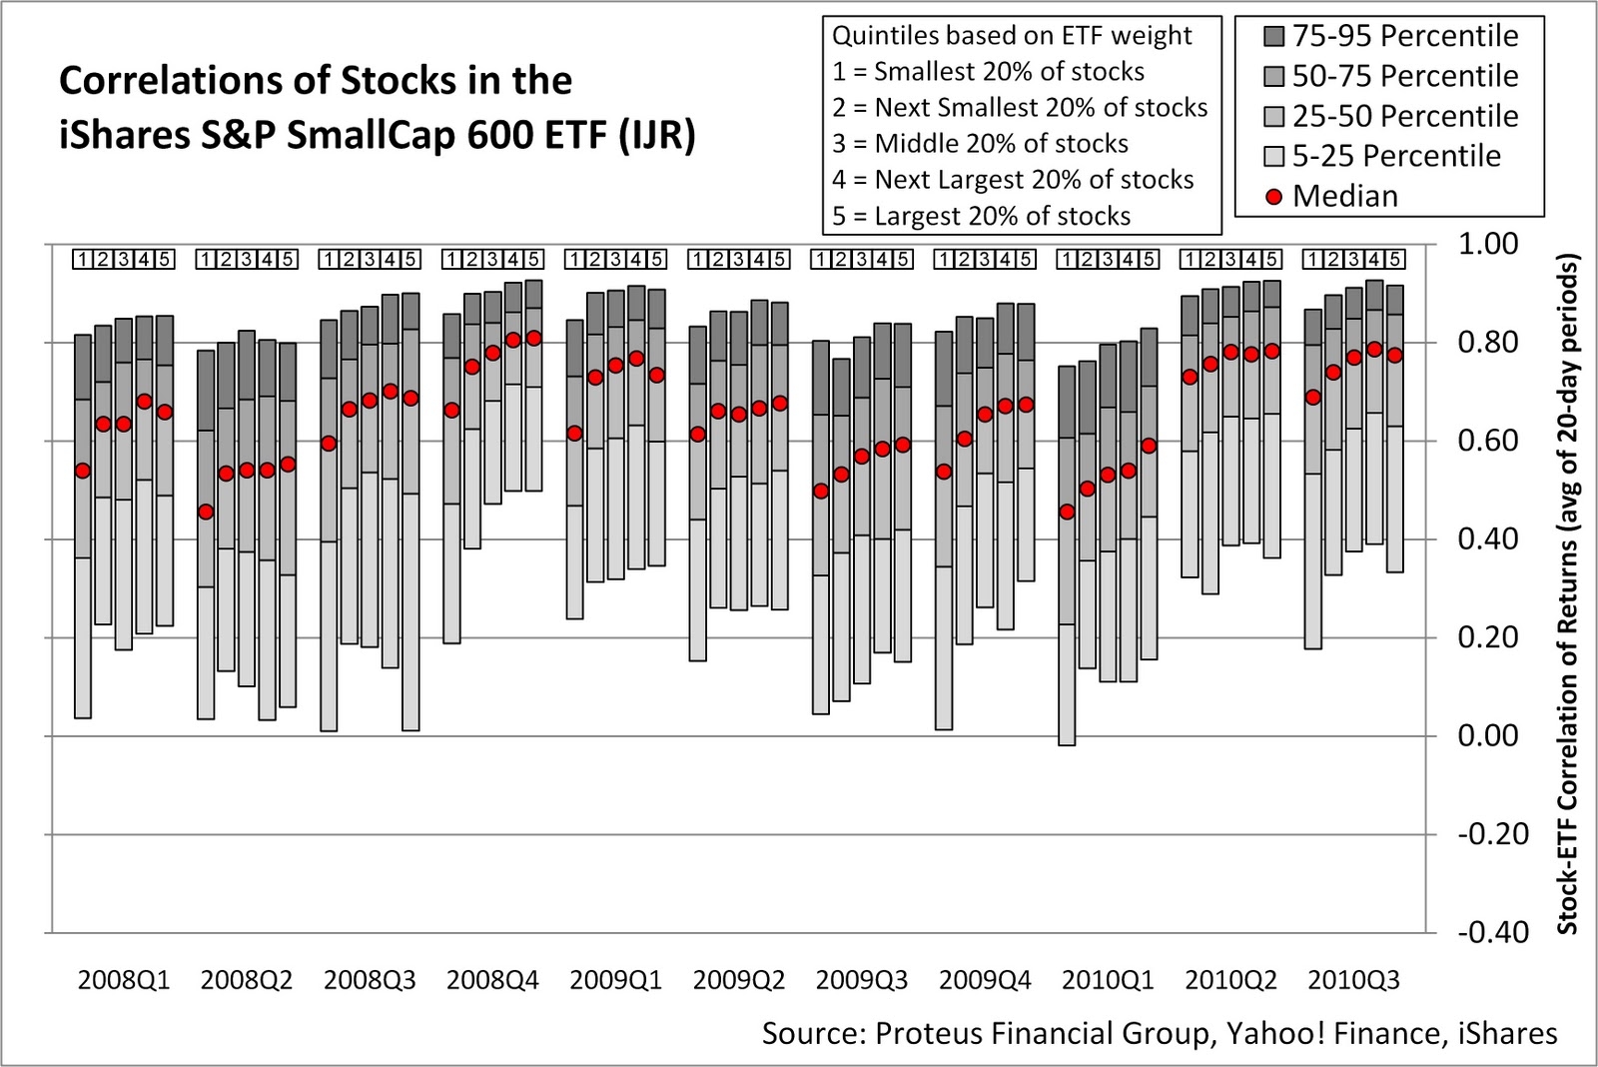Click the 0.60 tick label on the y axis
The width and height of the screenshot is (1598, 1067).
click(x=1487, y=441)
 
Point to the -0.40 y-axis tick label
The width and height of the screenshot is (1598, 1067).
click(x=1492, y=932)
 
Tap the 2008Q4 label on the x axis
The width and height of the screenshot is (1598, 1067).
click(x=492, y=980)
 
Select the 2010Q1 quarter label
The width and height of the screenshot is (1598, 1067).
click(x=1108, y=980)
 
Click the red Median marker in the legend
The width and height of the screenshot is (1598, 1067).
click(x=1273, y=197)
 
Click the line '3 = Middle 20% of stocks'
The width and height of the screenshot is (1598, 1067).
click(x=980, y=144)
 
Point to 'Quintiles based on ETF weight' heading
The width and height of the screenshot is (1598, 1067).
click(x=1012, y=36)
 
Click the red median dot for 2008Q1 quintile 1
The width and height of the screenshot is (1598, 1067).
click(x=83, y=471)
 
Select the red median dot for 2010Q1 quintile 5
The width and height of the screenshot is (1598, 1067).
click(x=1149, y=446)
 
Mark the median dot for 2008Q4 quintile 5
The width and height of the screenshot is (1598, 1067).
click(x=533, y=338)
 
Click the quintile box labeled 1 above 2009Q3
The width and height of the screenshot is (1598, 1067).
click(x=821, y=260)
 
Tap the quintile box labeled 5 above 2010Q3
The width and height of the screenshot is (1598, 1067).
click(x=1395, y=260)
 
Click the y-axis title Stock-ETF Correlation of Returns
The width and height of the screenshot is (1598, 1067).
click(x=1567, y=594)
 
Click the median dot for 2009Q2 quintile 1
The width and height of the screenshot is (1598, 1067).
click(x=698, y=434)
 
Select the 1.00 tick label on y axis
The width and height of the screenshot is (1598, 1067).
click(x=1487, y=244)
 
